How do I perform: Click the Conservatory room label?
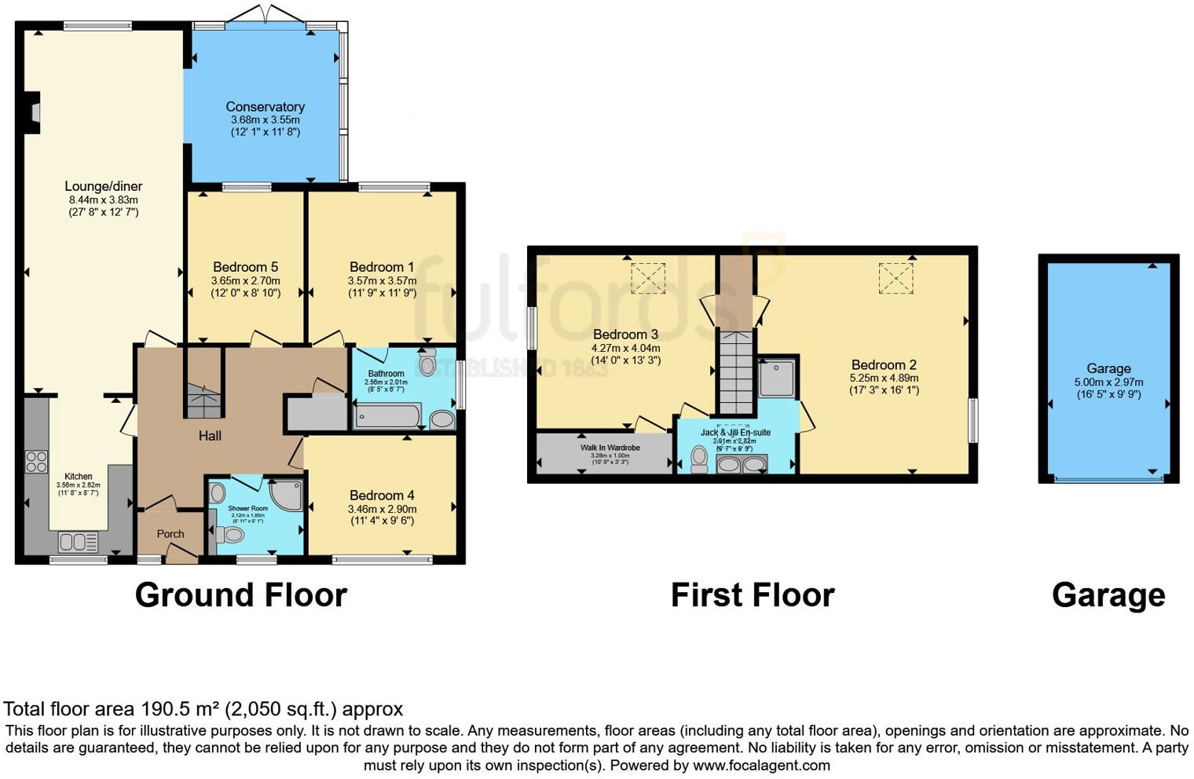[265, 107]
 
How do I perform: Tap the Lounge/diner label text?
[103, 187]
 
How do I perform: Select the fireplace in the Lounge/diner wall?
[33, 112]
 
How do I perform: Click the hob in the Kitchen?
[36, 461]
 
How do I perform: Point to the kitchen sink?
[77, 542]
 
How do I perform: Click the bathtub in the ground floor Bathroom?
[387, 415]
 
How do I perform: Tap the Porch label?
[170, 534]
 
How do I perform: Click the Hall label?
[210, 436]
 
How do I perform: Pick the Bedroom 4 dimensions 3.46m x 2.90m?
[382, 509]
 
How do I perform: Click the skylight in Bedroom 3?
[648, 278]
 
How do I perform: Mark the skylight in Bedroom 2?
[896, 278]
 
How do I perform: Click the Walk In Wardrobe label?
[610, 448]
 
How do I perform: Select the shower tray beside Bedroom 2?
[777, 379]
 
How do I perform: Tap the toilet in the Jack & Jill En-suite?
[699, 459]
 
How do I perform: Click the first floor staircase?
[736, 371]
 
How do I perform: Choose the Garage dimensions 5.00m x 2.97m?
[1108, 382]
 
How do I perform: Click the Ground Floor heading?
[240, 595]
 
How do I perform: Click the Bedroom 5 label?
[245, 267]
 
